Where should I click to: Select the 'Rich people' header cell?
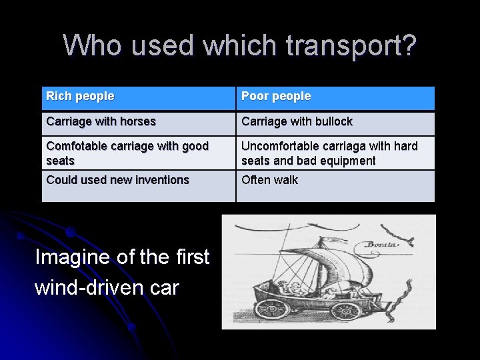(138, 97)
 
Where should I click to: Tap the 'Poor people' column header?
(335, 97)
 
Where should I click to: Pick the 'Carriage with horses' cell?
(138, 123)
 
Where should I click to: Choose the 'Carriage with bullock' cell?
(335, 123)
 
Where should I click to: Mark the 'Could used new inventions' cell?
(138, 185)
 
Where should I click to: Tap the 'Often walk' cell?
(335, 185)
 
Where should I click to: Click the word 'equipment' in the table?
(349, 161)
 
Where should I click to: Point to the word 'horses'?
(137, 122)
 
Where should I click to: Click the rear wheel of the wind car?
(273, 309)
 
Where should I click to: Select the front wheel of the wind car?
(346, 311)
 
